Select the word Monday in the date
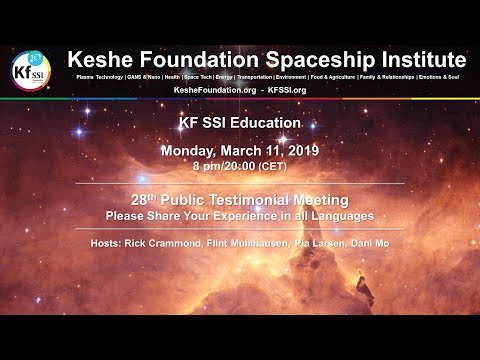(x=194, y=151)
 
